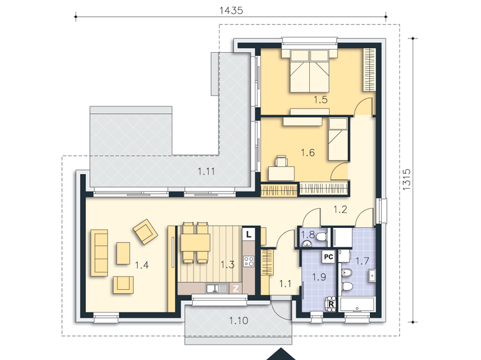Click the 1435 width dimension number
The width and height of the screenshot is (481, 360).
(231, 11)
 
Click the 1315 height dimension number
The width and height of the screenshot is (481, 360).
(406, 179)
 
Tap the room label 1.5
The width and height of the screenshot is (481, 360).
(321, 100)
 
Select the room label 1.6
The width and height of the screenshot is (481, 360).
(307, 152)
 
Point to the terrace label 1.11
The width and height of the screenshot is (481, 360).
(206, 172)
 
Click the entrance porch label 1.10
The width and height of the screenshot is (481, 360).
(238, 321)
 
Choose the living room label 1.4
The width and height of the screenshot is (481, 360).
(142, 265)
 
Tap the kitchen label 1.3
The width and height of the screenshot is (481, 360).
(228, 265)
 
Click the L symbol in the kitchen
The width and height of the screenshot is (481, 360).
(249, 235)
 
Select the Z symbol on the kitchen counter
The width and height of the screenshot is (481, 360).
(235, 289)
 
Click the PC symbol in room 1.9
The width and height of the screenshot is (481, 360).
(328, 257)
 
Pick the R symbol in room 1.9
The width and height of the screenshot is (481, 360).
(331, 304)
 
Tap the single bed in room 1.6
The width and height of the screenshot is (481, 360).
(338, 139)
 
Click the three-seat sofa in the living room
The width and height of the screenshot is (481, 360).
(99, 253)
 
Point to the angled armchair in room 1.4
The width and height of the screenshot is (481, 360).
(145, 232)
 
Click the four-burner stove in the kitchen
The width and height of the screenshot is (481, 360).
(249, 261)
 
